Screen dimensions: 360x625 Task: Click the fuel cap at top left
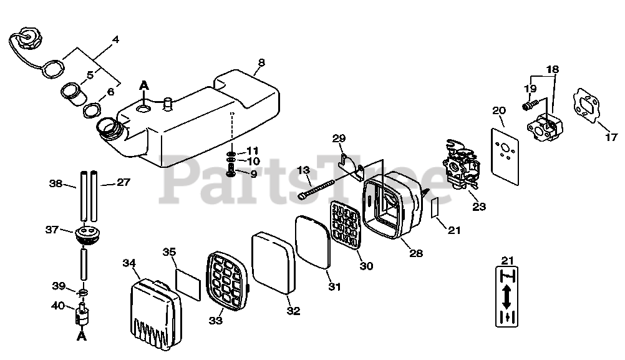click(28, 39)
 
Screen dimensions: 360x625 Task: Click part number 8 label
click(261, 62)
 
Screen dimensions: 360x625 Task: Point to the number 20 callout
click(499, 111)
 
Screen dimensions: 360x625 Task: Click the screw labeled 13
click(321, 185)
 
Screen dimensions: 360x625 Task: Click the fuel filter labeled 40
click(82, 316)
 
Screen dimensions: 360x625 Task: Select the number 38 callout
click(56, 183)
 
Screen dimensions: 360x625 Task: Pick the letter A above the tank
click(144, 85)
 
